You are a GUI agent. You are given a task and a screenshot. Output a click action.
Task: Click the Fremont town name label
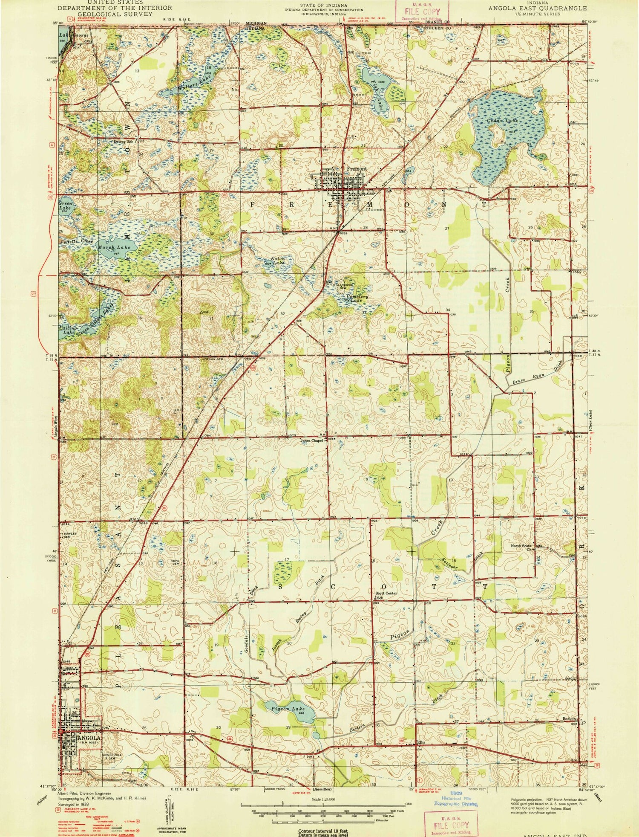coord(356,169)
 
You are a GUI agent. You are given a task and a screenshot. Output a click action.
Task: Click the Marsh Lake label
coord(113,247)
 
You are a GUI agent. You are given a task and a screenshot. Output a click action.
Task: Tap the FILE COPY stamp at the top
coord(422,12)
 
